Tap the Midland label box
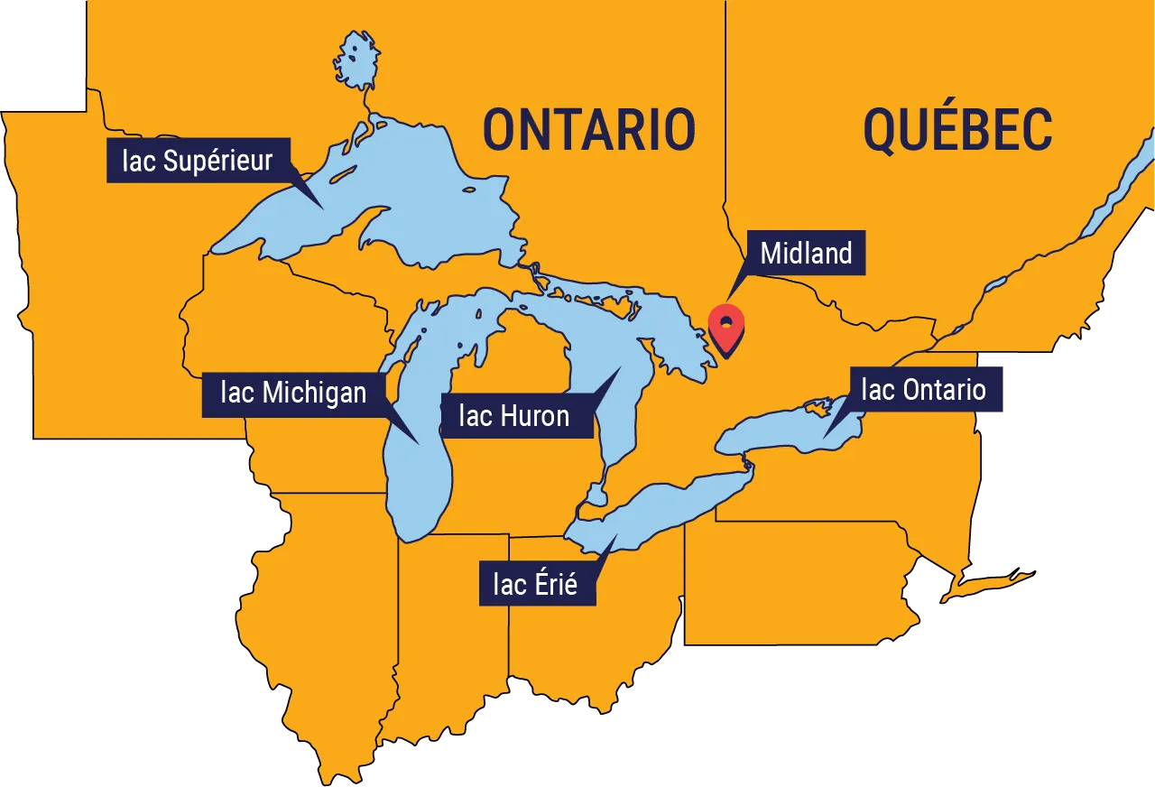tap(806, 254)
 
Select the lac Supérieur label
tap(198, 161)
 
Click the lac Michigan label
tap(293, 393)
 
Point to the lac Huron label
tap(513, 415)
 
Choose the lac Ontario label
tap(923, 389)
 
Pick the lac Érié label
tap(535, 583)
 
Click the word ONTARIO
tap(589, 129)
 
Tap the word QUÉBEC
tap(957, 129)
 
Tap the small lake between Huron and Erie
tap(596, 494)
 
